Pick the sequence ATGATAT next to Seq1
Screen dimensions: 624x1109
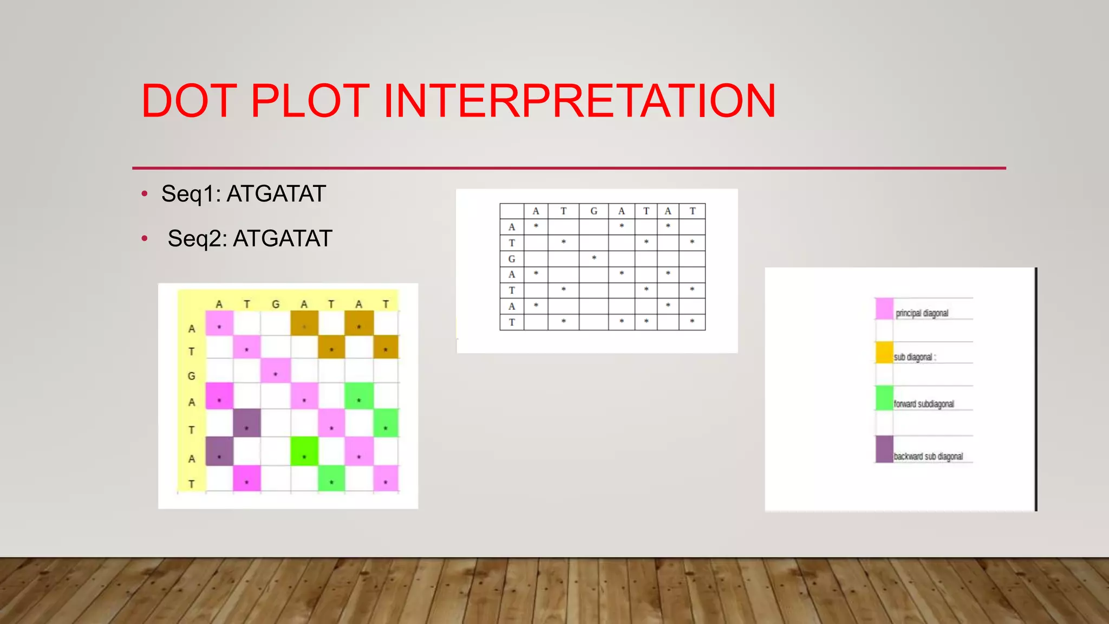pyautogui.click(x=276, y=194)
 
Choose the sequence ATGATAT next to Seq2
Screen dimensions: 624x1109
pyautogui.click(x=283, y=239)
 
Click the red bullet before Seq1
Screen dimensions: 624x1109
pyautogui.click(x=144, y=194)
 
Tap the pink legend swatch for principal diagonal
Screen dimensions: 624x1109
pyautogui.click(x=884, y=309)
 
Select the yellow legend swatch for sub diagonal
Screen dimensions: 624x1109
pyautogui.click(x=884, y=353)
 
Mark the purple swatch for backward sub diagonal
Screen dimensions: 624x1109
pyautogui.click(x=884, y=450)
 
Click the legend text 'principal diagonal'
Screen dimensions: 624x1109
pyautogui.click(x=922, y=313)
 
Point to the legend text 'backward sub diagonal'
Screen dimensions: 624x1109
pyautogui.click(x=928, y=457)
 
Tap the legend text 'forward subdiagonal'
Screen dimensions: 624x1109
pyautogui.click(x=923, y=404)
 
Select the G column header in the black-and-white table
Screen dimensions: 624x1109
pyautogui.click(x=593, y=211)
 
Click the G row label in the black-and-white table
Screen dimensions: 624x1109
pyautogui.click(x=512, y=259)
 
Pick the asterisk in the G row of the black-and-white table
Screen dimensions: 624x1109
pyautogui.click(x=594, y=258)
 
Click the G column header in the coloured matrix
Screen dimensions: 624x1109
pyautogui.click(x=276, y=304)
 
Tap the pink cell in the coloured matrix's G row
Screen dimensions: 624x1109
pyautogui.click(x=276, y=371)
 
